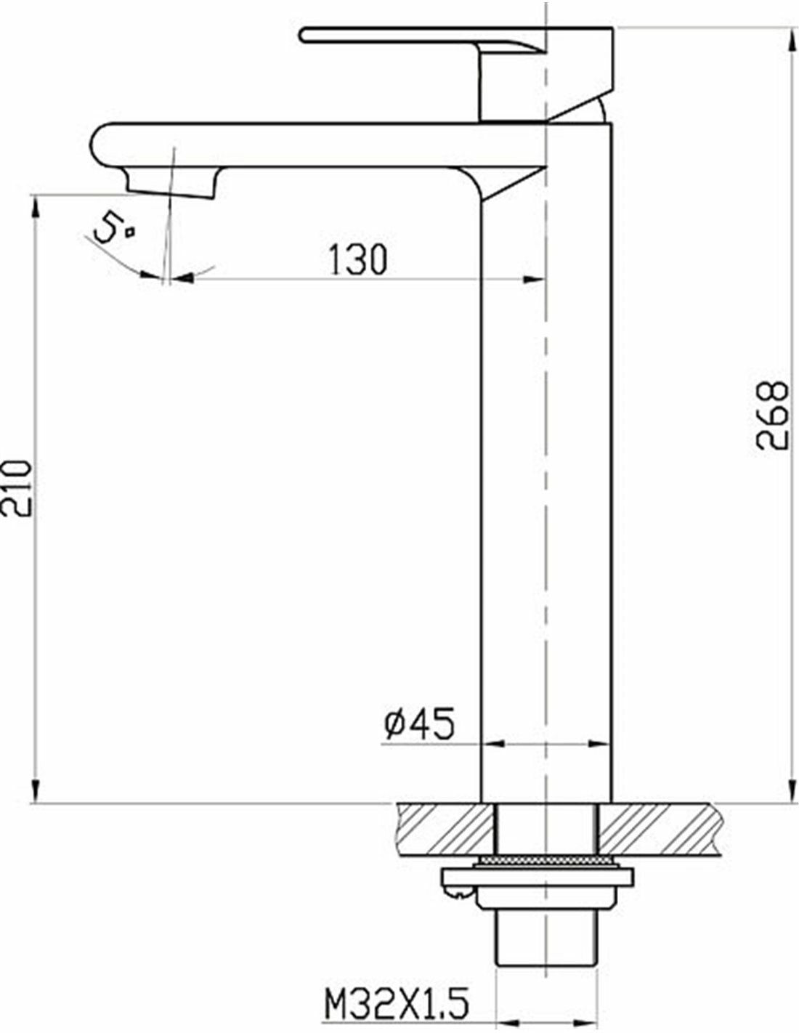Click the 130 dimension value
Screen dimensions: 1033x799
358,259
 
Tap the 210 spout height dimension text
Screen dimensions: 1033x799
16,487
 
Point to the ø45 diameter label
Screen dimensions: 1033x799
418,724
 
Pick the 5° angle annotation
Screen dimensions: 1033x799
113,230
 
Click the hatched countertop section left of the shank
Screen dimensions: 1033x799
445,828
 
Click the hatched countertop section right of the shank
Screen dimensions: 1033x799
657,828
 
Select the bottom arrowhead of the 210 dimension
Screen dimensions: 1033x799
34,792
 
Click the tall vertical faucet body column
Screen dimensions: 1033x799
546,472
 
